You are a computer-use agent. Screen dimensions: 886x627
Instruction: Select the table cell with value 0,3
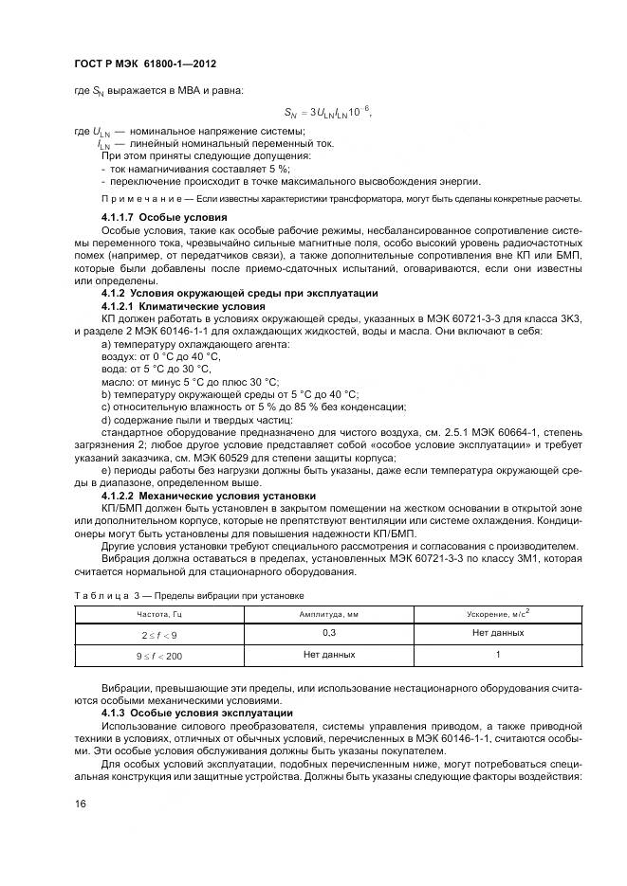(x=329, y=632)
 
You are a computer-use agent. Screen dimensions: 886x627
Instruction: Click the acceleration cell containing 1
(x=497, y=655)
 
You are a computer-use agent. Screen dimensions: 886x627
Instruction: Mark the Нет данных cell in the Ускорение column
(x=497, y=632)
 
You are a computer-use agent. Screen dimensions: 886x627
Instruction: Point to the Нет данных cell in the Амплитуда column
(x=329, y=655)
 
